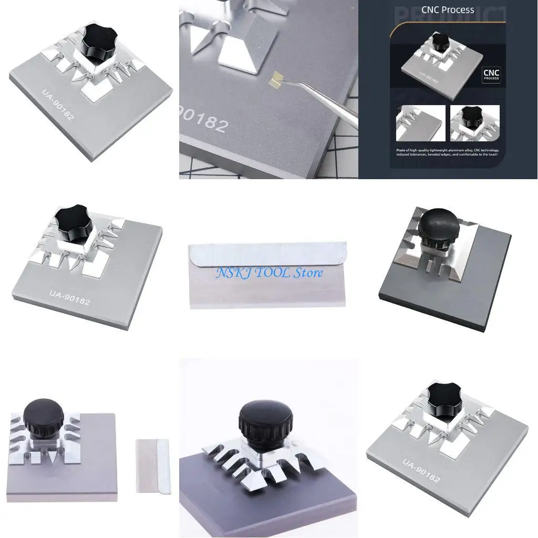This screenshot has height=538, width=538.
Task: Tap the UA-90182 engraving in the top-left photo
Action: pos(58,106)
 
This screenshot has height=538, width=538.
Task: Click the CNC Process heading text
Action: pos(448,10)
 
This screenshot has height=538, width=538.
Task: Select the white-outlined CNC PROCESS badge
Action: pos(491,75)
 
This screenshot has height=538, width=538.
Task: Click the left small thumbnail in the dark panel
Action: pos(420,123)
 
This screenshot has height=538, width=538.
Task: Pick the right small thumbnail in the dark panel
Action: pos(474,123)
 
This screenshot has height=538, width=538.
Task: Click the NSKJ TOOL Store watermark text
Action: pos(268,272)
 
